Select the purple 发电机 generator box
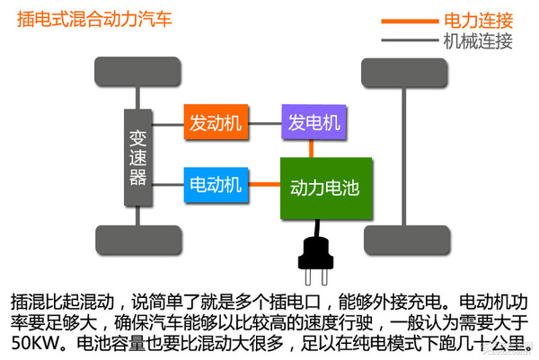(x=314, y=121)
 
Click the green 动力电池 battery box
(x=324, y=189)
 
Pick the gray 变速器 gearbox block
(x=137, y=156)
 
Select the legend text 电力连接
(x=478, y=20)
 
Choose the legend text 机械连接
(x=478, y=40)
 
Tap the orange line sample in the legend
(x=410, y=21)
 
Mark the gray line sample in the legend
(x=410, y=41)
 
